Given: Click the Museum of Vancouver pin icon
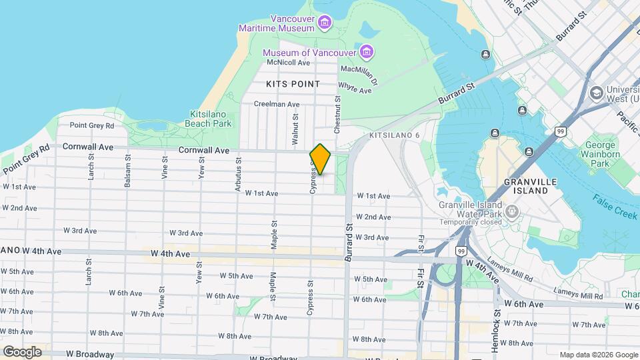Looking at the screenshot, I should pos(366,52).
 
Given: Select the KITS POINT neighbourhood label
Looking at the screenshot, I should pos(293,84).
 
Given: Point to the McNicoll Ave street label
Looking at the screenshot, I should pos(289,63).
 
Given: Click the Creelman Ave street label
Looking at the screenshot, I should pos(277,104).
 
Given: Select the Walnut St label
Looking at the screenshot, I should pos(295,122).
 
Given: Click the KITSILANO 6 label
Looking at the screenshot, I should pos(394,135).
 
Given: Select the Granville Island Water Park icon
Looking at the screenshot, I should pos(512,211).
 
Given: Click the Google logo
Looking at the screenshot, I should pos(22,352).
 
